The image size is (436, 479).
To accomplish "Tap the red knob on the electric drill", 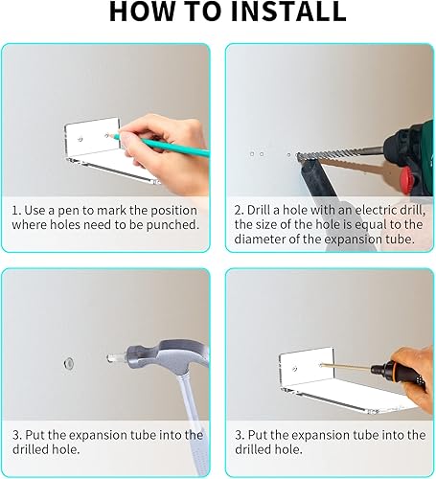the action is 409,180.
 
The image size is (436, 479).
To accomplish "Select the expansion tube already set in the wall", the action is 69,363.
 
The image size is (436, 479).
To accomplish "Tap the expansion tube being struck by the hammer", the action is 116,358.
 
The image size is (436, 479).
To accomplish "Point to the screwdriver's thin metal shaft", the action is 346,367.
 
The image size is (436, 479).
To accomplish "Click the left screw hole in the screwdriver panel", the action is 295,369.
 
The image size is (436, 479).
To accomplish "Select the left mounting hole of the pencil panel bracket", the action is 80,139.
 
